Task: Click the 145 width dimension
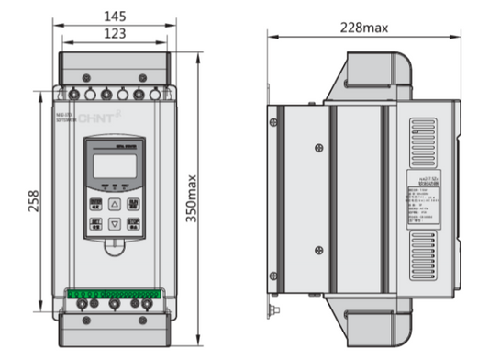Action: pos(115,16)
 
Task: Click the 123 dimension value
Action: pos(115,33)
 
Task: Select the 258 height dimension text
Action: pos(34,200)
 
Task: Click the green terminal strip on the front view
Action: pos(115,296)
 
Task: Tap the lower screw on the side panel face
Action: pos(317,251)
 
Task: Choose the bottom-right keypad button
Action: pos(133,222)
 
